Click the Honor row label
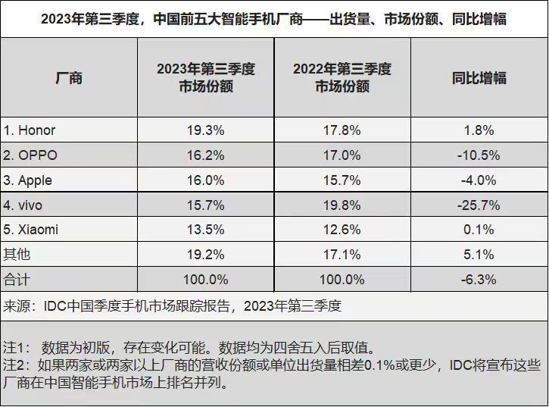30,130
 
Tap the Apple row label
30,180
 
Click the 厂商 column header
69,78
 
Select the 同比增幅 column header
479,78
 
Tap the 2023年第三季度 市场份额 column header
205,78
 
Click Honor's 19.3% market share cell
205,130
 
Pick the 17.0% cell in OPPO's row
342,155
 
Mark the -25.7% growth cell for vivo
479,205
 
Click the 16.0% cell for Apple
205,180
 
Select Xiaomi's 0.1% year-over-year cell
479,230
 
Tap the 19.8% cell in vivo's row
342,205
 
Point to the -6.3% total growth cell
479,279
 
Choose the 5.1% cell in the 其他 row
479,255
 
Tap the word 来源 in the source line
17,306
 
